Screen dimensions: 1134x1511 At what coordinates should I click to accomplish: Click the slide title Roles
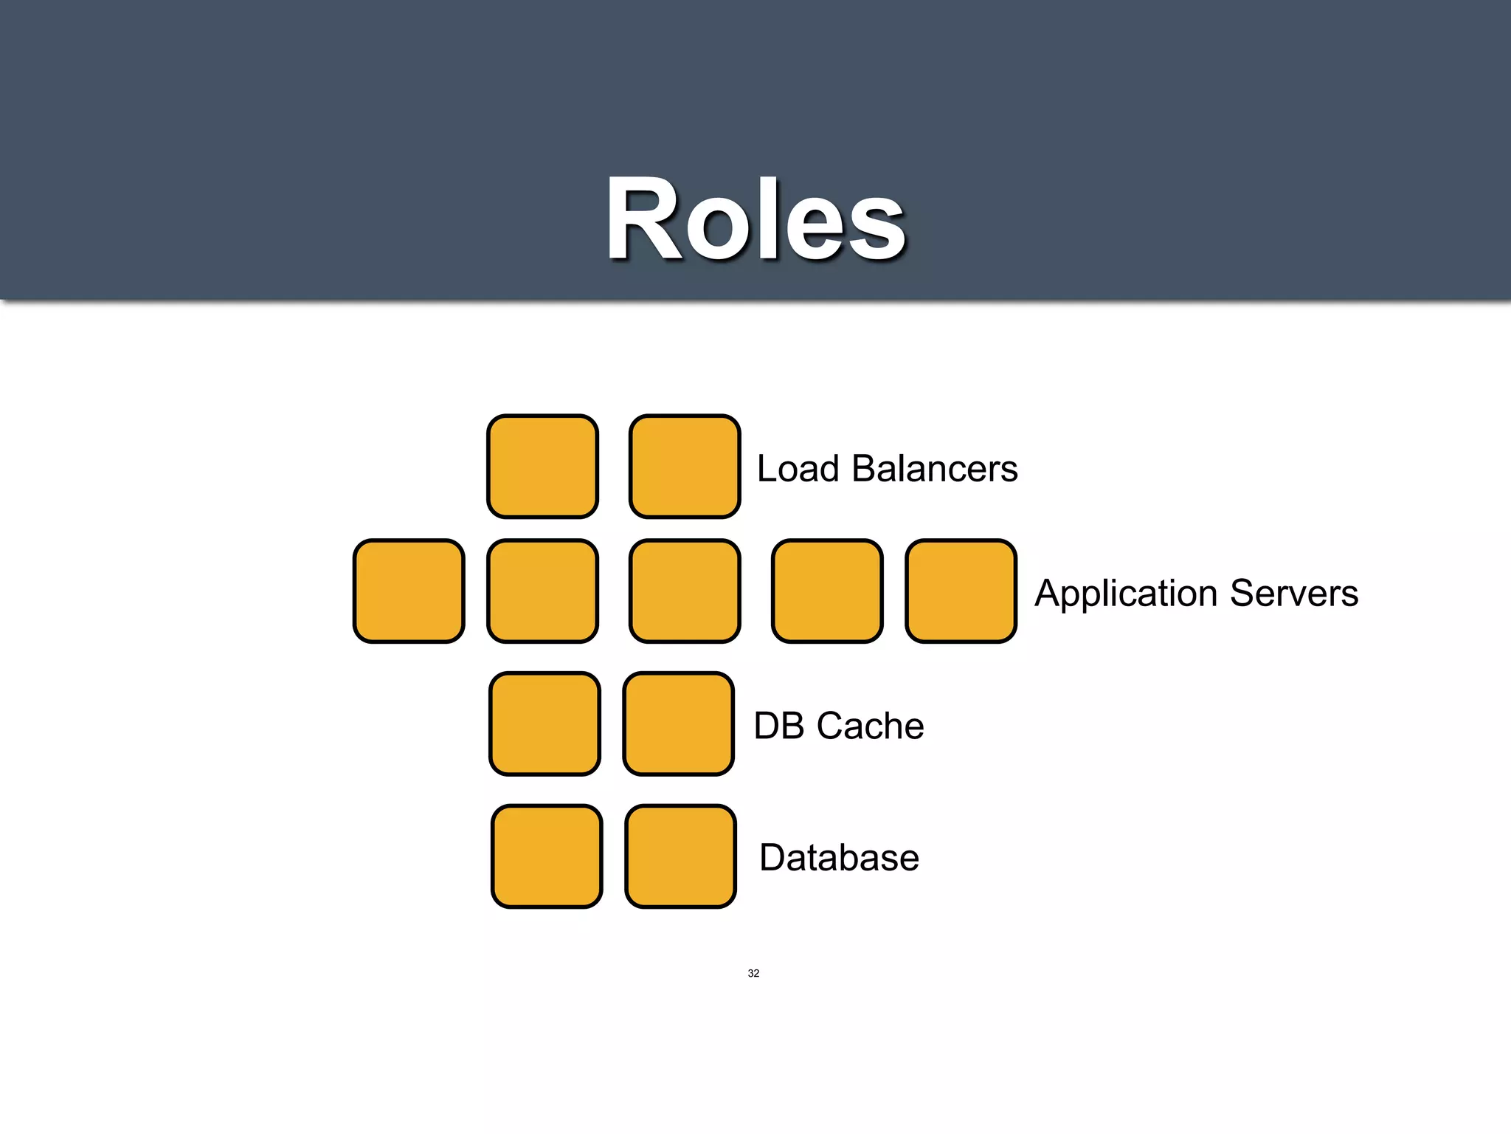(755, 220)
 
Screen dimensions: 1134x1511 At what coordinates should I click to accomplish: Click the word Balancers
(935, 469)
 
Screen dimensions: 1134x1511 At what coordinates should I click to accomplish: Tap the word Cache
(871, 726)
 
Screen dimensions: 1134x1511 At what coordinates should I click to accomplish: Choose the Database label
(839, 858)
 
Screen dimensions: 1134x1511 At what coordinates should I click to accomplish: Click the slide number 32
(753, 973)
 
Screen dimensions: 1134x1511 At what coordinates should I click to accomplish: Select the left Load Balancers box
(542, 467)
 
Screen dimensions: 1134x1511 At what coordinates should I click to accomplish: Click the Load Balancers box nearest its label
(685, 467)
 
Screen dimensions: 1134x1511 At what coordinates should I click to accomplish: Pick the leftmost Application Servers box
(409, 591)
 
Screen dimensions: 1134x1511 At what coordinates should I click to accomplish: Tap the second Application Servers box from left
(542, 591)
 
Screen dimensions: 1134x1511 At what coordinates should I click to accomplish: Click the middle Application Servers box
(685, 591)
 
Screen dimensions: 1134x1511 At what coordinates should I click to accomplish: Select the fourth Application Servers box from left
(827, 591)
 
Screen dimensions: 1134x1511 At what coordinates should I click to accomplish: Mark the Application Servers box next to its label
(961, 591)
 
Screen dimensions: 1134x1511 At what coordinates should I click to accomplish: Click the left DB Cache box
(544, 724)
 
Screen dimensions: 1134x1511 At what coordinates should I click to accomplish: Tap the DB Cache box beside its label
(678, 724)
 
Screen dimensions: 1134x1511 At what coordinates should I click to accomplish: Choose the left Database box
(547, 856)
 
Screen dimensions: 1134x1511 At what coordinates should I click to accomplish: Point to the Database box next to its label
(680, 856)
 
